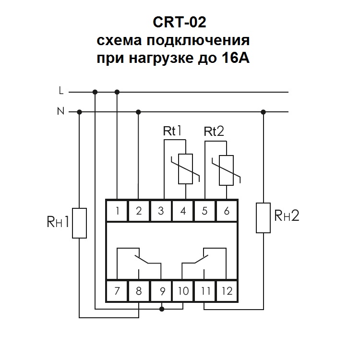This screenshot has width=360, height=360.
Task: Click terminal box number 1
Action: [x=117, y=210]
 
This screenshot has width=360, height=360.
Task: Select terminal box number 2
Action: [x=139, y=210]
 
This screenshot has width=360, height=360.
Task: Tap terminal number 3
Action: [x=161, y=210]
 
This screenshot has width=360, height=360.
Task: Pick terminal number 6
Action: [x=227, y=210]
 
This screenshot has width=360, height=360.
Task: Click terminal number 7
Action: [x=117, y=291]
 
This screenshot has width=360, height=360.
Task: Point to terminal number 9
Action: [x=162, y=291]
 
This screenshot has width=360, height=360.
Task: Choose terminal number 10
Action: [x=183, y=291]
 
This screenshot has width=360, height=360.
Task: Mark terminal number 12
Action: [x=227, y=291]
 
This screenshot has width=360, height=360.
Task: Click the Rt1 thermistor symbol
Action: [x=185, y=169]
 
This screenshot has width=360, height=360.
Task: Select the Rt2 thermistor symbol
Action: [x=226, y=170]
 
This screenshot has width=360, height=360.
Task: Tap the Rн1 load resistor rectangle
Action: [x=79, y=223]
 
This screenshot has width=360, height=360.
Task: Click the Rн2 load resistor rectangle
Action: [x=263, y=217]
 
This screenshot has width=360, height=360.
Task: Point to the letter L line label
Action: [x=60, y=90]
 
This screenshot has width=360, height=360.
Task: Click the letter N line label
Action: [x=60, y=111]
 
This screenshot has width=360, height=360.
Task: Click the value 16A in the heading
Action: [x=235, y=60]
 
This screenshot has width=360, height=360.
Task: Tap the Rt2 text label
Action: [x=214, y=132]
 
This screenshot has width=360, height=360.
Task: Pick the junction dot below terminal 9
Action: [x=162, y=309]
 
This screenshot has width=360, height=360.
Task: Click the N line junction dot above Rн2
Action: [x=263, y=112]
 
